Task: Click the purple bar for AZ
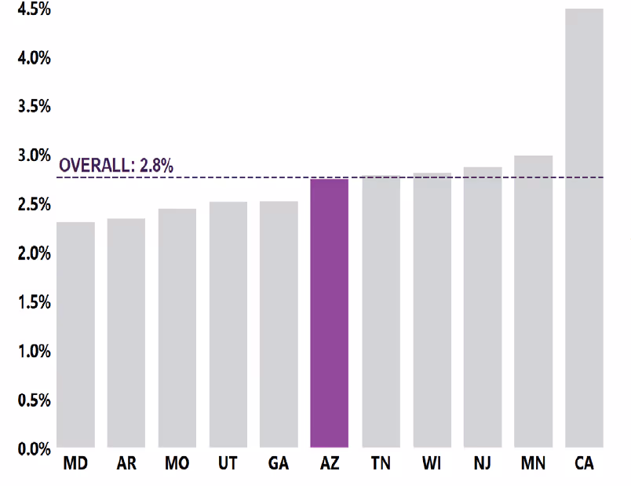pyautogui.click(x=330, y=314)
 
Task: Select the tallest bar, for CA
pyautogui.click(x=584, y=228)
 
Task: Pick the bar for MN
pyautogui.click(x=534, y=302)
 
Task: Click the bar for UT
pyautogui.click(x=228, y=325)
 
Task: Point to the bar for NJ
pyautogui.click(x=483, y=307)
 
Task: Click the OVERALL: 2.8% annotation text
pyautogui.click(x=116, y=166)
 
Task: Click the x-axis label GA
pyautogui.click(x=279, y=464)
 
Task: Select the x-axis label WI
pyautogui.click(x=432, y=464)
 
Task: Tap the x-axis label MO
pyautogui.click(x=177, y=464)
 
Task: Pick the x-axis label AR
pyautogui.click(x=126, y=464)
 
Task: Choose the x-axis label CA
pyautogui.click(x=584, y=464)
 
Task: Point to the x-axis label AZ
pyautogui.click(x=330, y=464)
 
